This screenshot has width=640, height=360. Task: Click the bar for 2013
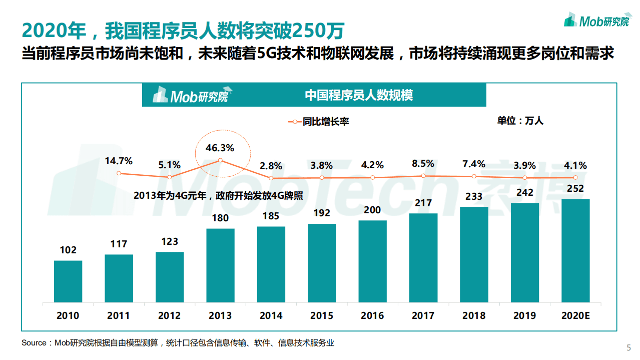220,265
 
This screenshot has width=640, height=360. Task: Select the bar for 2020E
575,250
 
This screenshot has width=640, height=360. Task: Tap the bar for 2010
68,281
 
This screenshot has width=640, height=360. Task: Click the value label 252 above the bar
575,188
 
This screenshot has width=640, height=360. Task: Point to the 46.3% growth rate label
220,148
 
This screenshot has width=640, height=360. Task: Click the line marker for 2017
423,176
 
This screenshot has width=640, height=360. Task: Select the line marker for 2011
119,173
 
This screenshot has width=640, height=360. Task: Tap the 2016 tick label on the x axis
372,315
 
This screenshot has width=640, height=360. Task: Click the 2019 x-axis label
524,315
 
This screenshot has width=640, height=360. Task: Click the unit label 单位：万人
520,121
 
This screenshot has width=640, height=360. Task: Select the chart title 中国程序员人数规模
359,95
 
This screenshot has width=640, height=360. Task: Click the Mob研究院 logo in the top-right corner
596,21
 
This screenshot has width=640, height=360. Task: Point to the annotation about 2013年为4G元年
218,196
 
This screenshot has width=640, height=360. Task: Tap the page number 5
629,348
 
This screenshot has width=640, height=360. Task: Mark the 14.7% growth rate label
119,161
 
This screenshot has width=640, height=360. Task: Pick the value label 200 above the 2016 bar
372,210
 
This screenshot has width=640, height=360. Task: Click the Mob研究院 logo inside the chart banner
190,95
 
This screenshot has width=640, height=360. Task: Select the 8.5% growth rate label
423,163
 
